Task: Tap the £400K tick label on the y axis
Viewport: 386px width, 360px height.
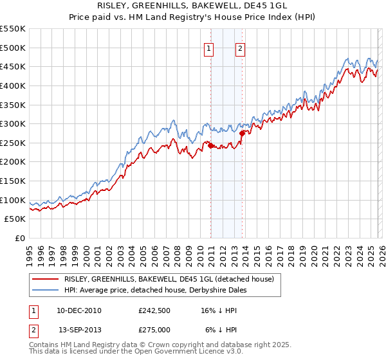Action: (13, 85)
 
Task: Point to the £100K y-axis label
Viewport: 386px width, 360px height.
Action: (13, 200)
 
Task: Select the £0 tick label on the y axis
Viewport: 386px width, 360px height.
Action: (19, 239)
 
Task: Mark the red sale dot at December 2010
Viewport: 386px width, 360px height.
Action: (210, 146)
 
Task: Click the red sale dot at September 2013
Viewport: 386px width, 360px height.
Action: (242, 134)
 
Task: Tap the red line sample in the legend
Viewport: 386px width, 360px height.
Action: (46, 279)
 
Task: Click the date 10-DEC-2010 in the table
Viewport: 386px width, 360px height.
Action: (79, 310)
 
